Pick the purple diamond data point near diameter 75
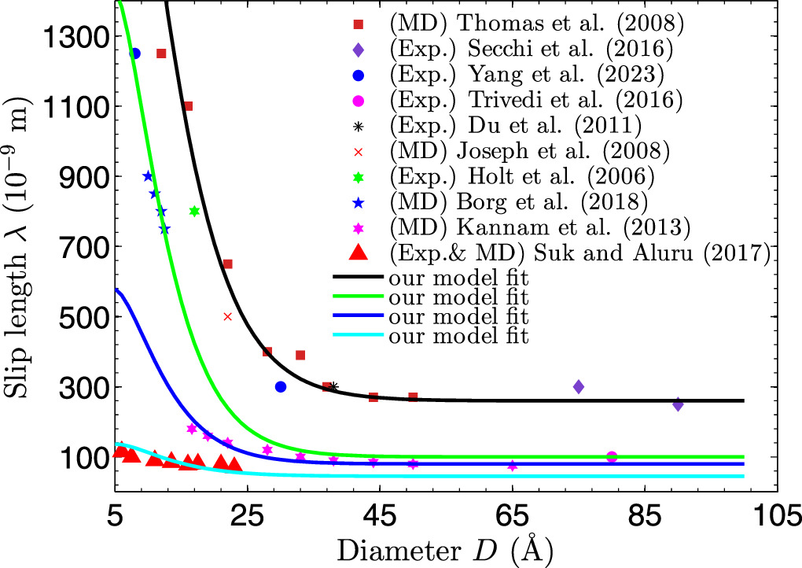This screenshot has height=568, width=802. coord(579,386)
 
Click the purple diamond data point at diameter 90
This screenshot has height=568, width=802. coord(678,404)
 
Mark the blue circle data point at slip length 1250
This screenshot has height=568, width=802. coord(134,53)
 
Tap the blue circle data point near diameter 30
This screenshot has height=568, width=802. coord(281,386)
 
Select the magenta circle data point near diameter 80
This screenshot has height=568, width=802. coord(612,456)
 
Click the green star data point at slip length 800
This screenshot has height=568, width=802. coord(194,211)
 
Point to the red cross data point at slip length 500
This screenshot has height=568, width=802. coord(228,316)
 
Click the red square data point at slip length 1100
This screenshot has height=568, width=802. coord(188,106)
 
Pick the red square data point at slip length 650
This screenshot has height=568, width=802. coord(228,264)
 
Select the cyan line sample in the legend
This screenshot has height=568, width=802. coord(358,336)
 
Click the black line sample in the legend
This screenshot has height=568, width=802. coord(358,277)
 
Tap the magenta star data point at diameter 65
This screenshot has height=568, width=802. coord(513,466)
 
